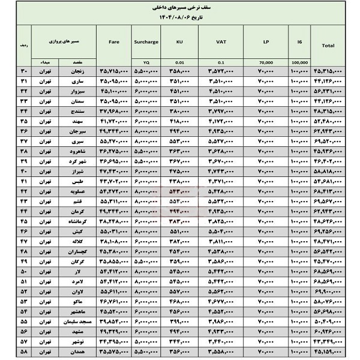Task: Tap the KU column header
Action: (180, 43)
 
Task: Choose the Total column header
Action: (328, 45)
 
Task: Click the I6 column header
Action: (299, 43)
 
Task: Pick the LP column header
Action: (266, 43)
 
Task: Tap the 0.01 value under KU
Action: (180, 62)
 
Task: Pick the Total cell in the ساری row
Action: (328, 81)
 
